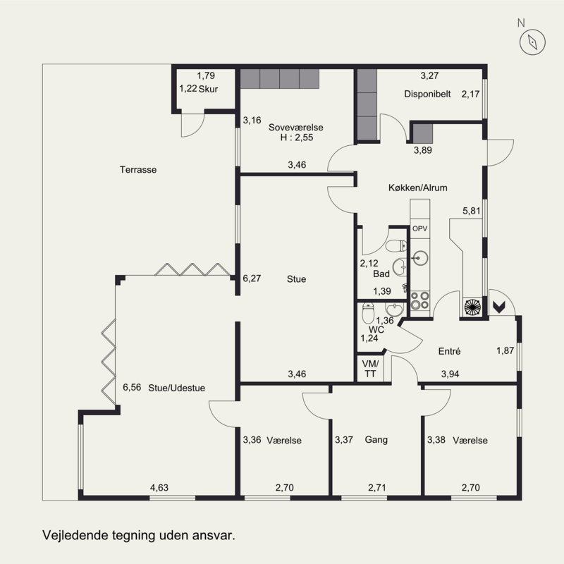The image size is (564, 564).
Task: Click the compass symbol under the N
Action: click(x=532, y=42)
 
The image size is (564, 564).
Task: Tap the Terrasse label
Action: click(x=138, y=169)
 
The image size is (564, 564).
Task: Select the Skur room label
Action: click(x=208, y=89)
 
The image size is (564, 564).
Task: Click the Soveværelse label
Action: click(x=295, y=128)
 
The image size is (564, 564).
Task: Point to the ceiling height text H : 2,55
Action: click(x=297, y=137)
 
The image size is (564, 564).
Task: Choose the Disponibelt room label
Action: click(x=427, y=94)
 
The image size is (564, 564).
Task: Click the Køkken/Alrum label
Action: click(x=417, y=188)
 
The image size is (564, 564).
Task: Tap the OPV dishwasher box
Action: click(x=419, y=228)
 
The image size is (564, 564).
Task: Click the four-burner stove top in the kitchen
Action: click(x=419, y=301)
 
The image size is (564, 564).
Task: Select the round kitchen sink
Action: click(x=419, y=258)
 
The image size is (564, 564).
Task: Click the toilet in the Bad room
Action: click(x=396, y=246)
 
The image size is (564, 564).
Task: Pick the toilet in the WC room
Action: click(x=368, y=313)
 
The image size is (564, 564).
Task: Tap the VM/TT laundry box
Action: click(x=370, y=369)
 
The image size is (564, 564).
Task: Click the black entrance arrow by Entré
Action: click(x=499, y=307)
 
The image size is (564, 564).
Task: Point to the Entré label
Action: click(x=449, y=351)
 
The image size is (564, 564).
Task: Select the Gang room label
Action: click(x=376, y=439)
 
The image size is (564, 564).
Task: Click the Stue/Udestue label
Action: click(x=177, y=388)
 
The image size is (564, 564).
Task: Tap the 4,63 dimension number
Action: click(x=159, y=488)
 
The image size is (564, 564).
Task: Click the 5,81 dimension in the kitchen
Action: click(x=472, y=211)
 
